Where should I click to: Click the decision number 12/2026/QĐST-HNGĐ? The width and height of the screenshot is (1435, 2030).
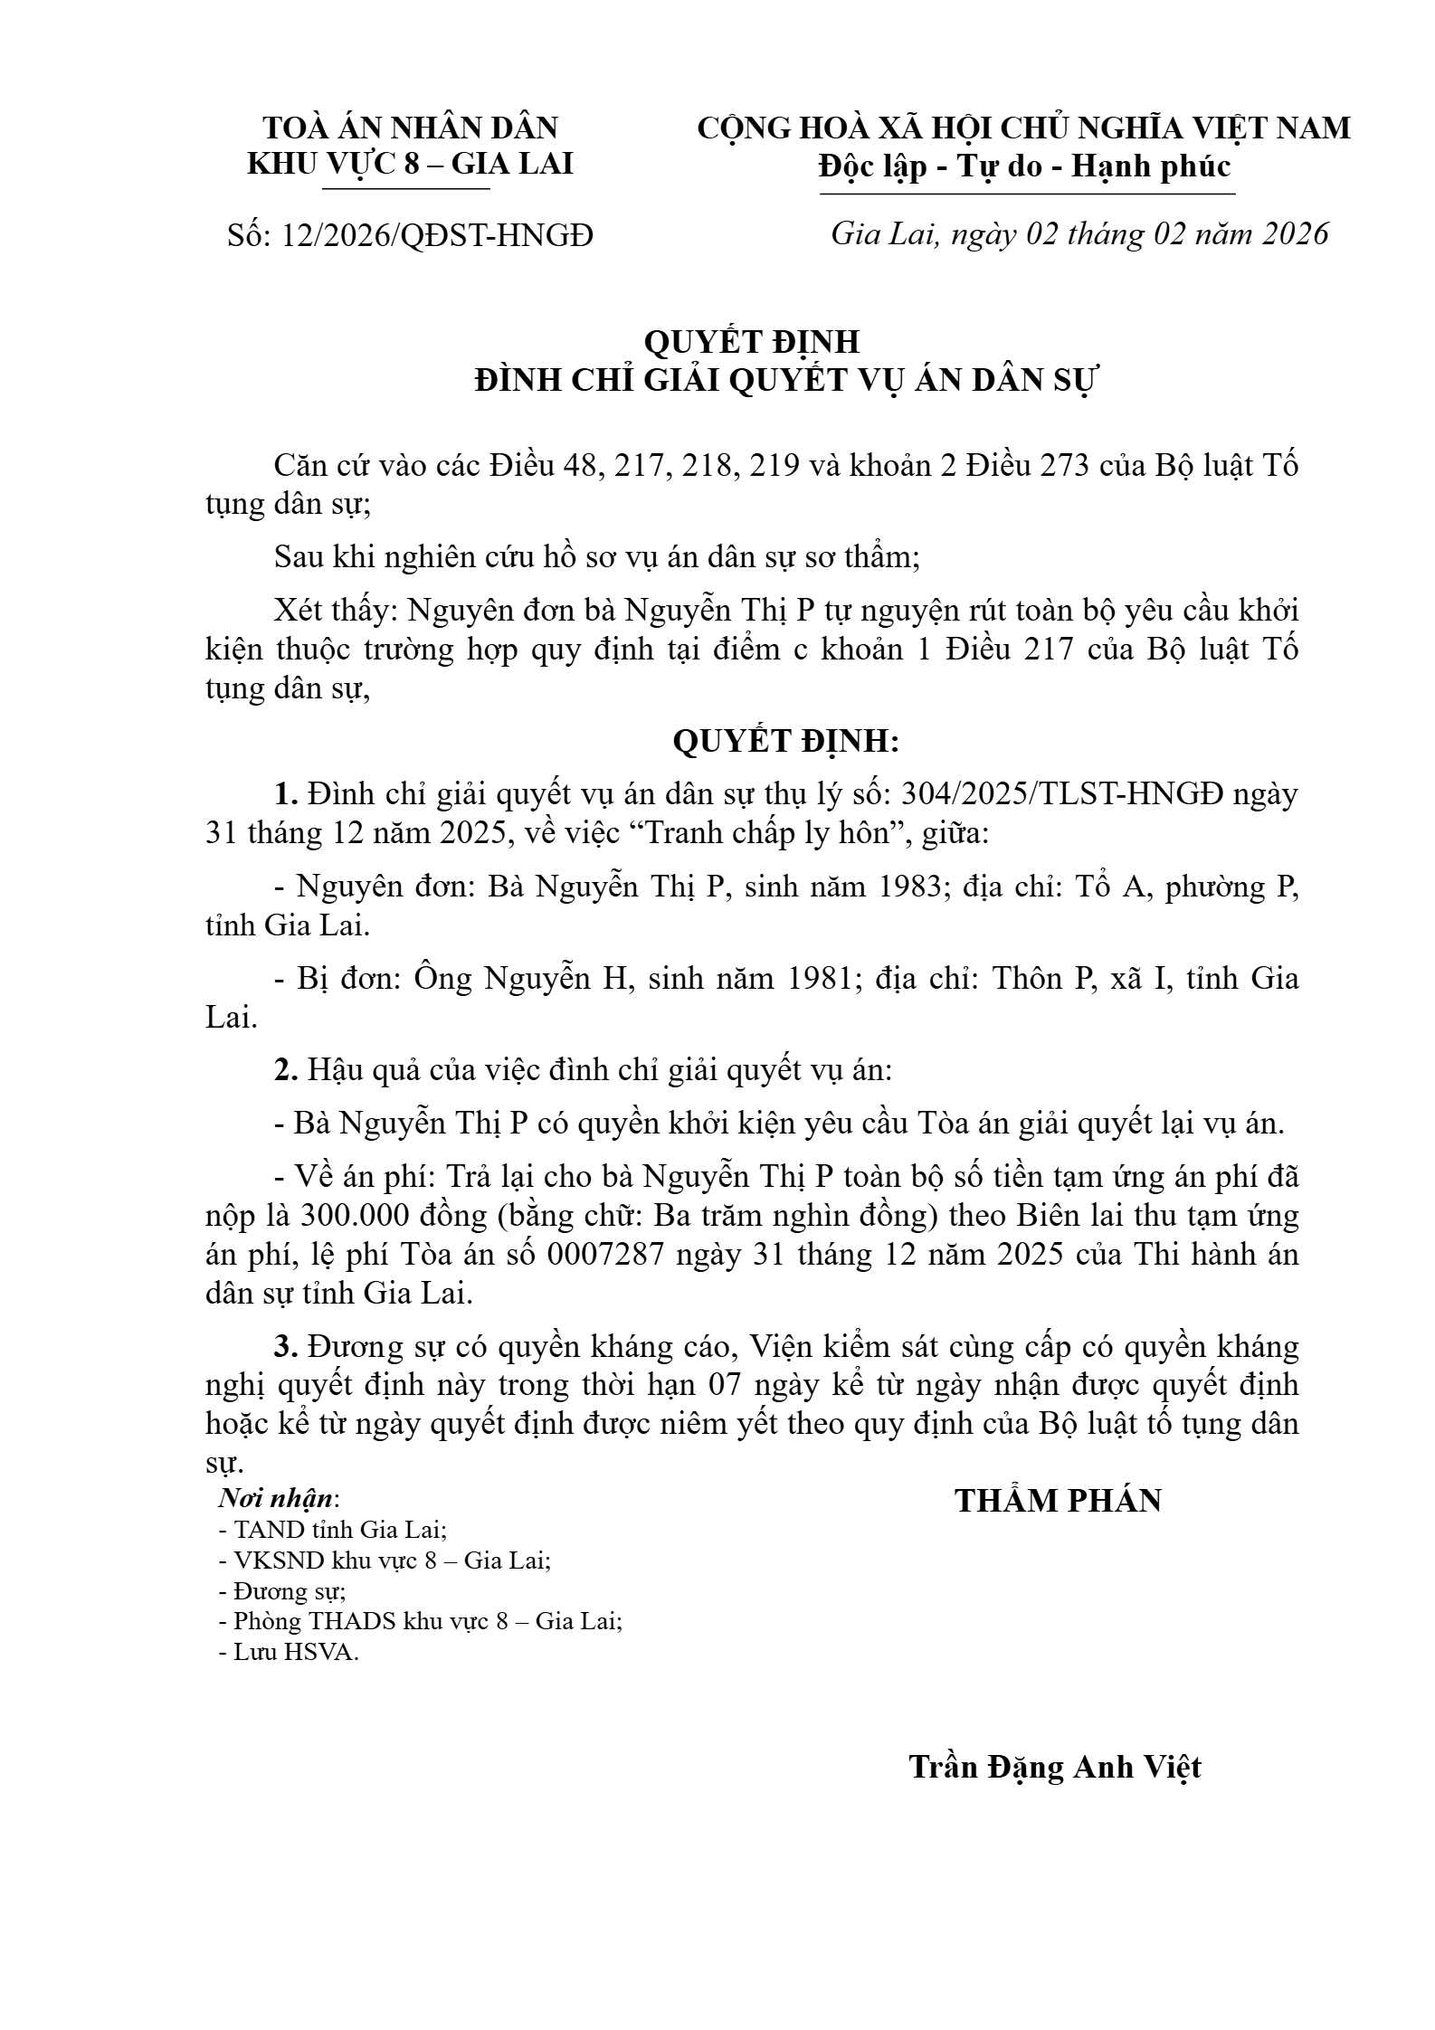pos(437,235)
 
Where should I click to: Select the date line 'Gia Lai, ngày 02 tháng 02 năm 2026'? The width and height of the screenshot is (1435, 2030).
pos(1079,233)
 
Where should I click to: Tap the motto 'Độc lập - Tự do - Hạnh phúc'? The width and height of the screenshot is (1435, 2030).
pos(1025,166)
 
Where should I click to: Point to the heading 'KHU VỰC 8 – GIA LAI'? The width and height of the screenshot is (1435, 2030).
pos(410,164)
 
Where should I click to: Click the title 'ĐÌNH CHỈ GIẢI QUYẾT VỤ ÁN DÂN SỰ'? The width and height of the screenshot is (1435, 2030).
pos(785,381)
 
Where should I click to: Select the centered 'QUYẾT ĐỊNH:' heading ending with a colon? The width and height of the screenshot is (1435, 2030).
pos(786,742)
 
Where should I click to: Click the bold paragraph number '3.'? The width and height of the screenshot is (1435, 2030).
pos(287,1347)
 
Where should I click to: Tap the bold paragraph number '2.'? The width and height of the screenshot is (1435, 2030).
pos(287,1070)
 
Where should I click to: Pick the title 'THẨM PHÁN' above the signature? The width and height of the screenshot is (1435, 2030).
pos(1058,1501)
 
